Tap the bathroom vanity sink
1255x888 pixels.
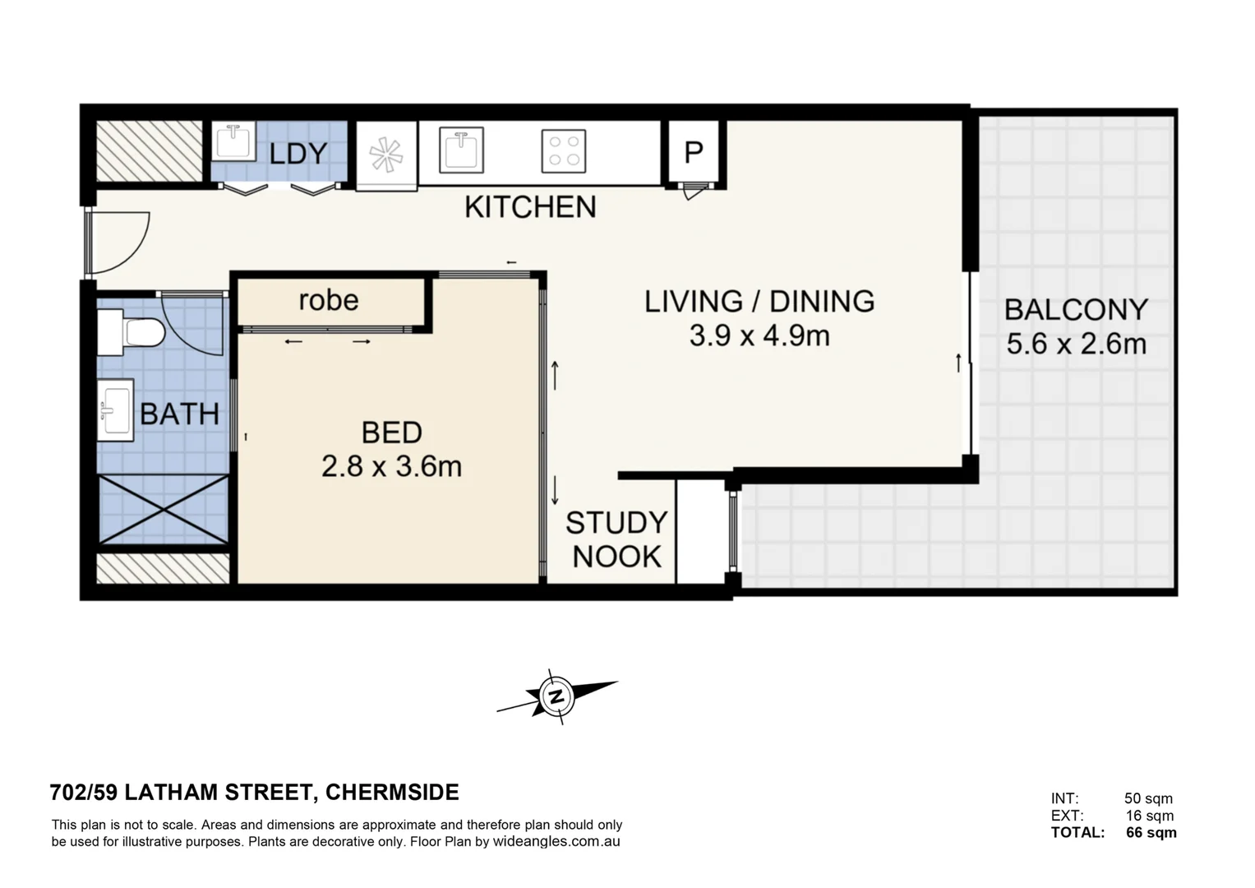pyautogui.click(x=115, y=410)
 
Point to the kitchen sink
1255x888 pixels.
pyautogui.click(x=461, y=150)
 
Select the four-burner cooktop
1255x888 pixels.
pyautogui.click(x=564, y=151)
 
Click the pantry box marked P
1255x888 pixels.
pyautogui.click(x=694, y=152)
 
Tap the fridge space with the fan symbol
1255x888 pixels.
pyautogui.click(x=386, y=155)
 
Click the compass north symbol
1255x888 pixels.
pyautogui.click(x=557, y=696)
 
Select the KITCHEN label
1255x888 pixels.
pyautogui.click(x=530, y=207)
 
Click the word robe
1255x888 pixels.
pyautogui.click(x=328, y=300)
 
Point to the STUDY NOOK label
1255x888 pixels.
pyautogui.click(x=616, y=539)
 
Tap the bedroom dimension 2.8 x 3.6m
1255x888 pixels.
pyautogui.click(x=391, y=467)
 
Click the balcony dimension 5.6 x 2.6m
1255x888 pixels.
pyautogui.click(x=1076, y=344)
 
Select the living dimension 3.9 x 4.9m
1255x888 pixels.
pyautogui.click(x=759, y=335)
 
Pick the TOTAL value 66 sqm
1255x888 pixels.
pyautogui.click(x=1151, y=833)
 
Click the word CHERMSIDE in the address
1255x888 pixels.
pyautogui.click(x=392, y=793)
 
